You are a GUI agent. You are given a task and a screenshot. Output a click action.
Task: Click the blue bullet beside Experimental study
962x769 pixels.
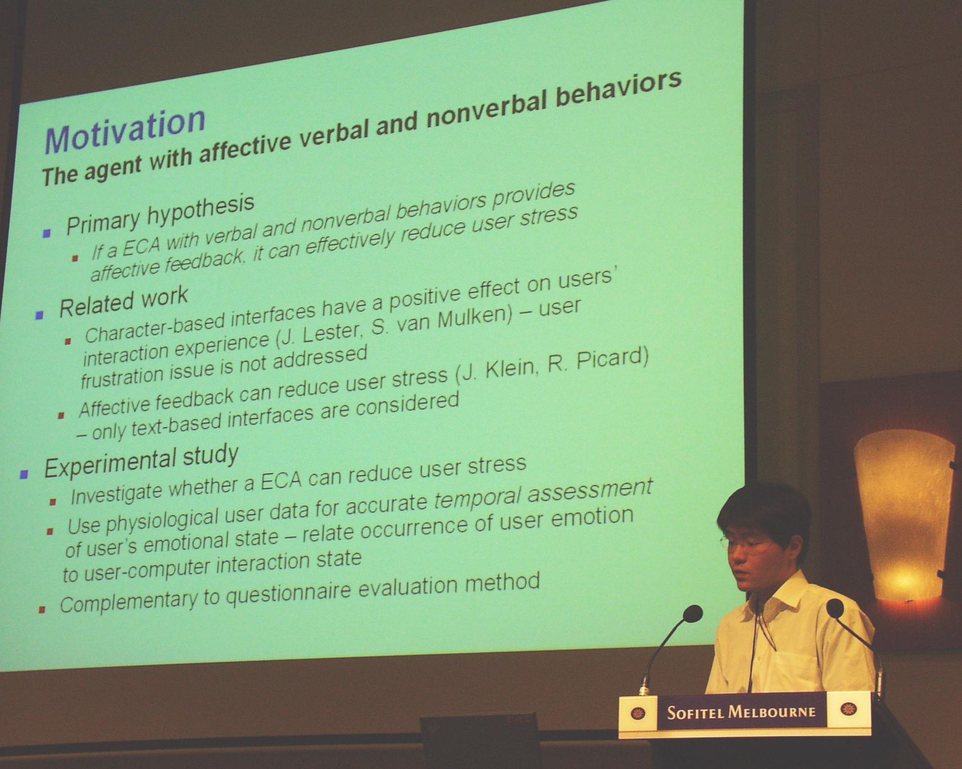point(24,475)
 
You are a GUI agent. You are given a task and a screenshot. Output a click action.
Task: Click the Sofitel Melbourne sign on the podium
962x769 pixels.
point(745,713)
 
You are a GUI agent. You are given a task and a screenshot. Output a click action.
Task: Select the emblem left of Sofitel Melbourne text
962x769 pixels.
point(638,713)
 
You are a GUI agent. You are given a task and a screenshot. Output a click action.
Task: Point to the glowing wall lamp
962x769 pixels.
point(902,515)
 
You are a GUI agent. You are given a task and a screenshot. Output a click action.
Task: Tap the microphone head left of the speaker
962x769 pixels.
point(692,614)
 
